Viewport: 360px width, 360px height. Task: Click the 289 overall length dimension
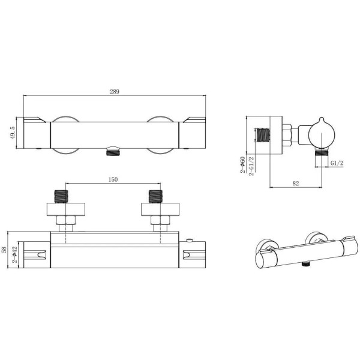click(x=115, y=92)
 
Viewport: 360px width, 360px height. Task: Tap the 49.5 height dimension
click(x=13, y=133)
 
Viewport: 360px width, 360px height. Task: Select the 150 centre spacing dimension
click(x=113, y=179)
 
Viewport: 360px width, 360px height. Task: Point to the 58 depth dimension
click(x=4, y=250)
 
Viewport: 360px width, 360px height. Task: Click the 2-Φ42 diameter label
click(x=14, y=254)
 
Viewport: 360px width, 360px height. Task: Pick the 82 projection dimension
click(x=296, y=183)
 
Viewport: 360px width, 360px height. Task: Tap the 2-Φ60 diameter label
click(x=242, y=164)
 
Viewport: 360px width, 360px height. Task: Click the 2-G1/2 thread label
click(x=251, y=166)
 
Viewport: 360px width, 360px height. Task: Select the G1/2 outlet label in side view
click(x=337, y=163)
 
